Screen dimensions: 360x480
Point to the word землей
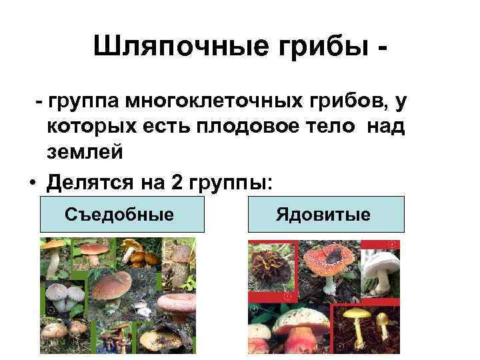(85, 152)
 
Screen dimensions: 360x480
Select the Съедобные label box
(122, 214)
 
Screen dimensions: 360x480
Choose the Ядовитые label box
(326, 214)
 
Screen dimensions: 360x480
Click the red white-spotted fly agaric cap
(329, 257)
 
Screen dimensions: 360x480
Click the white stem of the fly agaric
(330, 283)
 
